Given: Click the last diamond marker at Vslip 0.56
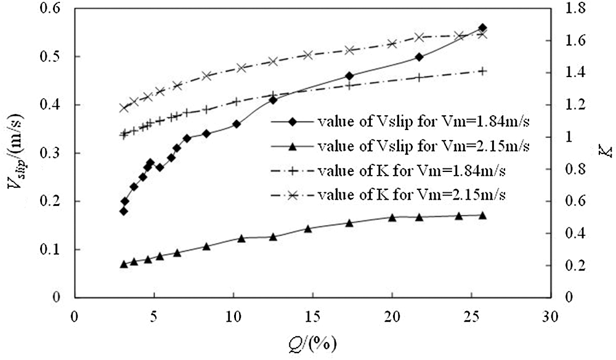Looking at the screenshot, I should [482, 28].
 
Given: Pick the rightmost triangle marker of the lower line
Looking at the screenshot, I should [482, 215].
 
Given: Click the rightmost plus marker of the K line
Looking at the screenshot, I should [482, 71].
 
